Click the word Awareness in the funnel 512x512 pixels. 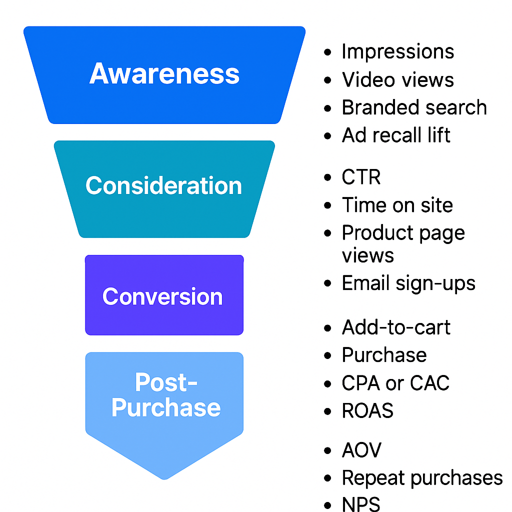[164, 74]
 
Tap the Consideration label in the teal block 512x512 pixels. [163, 186]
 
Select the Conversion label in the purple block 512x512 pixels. [162, 296]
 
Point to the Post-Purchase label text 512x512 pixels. [166, 395]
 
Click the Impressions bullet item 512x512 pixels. [398, 51]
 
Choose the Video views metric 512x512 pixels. [398, 79]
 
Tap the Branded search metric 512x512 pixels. [414, 107]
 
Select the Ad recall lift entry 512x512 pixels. [396, 135]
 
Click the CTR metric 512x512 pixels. [361, 177]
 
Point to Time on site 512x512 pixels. [397, 205]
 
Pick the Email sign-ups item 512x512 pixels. [408, 283]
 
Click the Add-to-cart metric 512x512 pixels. [396, 327]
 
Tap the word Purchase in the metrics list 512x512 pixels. [384, 355]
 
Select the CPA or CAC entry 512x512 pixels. [395, 383]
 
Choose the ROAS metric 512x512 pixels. [367, 410]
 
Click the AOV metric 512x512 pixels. [361, 450]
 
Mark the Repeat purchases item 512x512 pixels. [422, 478]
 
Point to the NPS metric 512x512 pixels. [361, 504]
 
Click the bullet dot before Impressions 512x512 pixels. [328, 52]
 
